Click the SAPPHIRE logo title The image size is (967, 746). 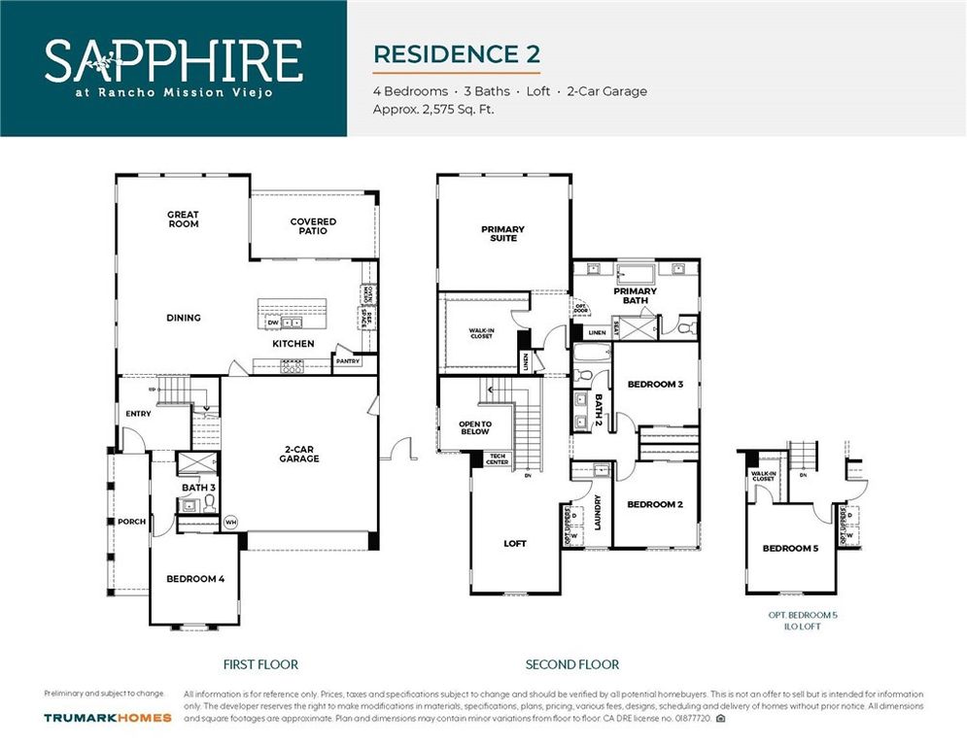[x=173, y=60]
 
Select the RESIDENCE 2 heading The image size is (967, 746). [x=456, y=53]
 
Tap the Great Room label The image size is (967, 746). [x=183, y=220]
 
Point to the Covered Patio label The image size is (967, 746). [x=313, y=226]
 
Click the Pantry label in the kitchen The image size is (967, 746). [x=347, y=361]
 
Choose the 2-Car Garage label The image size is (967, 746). [x=299, y=454]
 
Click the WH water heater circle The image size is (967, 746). [x=230, y=522]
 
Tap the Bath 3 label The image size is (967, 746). [x=198, y=487]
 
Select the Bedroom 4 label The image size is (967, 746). [x=195, y=579]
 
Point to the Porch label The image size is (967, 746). [x=131, y=522]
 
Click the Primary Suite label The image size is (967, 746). [x=502, y=234]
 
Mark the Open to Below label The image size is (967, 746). [x=475, y=428]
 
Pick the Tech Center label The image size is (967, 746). [x=497, y=458]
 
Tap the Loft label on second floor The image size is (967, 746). [x=515, y=544]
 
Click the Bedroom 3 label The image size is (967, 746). [x=655, y=385]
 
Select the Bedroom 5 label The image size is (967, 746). [x=790, y=549]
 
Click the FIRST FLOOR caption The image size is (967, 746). [x=260, y=664]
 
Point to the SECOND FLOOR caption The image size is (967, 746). [x=571, y=664]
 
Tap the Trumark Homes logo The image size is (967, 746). [x=108, y=718]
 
